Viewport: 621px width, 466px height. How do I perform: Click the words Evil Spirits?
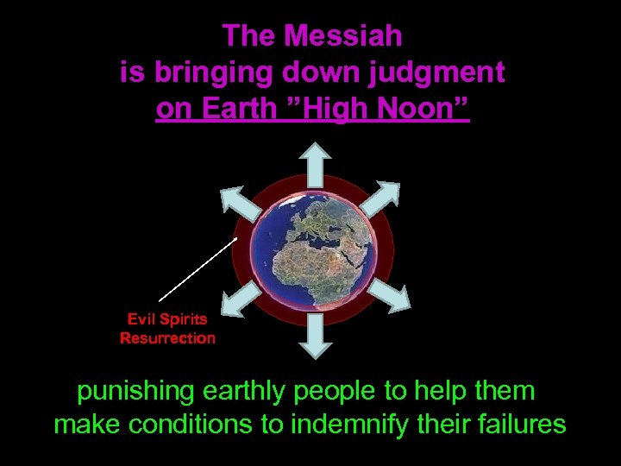click(x=167, y=319)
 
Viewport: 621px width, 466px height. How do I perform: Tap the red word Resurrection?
click(x=167, y=338)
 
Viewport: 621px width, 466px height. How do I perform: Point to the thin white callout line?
click(x=198, y=268)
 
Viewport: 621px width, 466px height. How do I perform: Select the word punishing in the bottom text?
click(x=136, y=391)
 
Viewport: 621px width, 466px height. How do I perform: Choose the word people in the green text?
click(x=337, y=391)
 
